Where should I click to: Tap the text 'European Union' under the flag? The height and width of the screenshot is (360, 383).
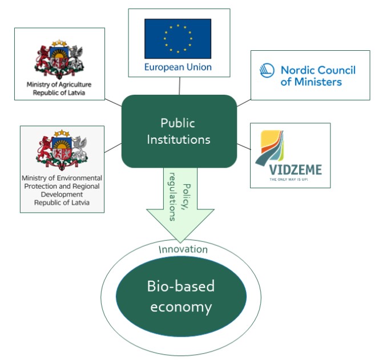coord(178,67)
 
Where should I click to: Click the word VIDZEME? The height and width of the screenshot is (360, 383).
coord(289,169)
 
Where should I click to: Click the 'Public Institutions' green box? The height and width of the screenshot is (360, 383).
coord(178,131)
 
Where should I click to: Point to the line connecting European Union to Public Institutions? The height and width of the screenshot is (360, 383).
coord(179,86)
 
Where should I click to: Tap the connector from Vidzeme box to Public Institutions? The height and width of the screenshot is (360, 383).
coord(244,147)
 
